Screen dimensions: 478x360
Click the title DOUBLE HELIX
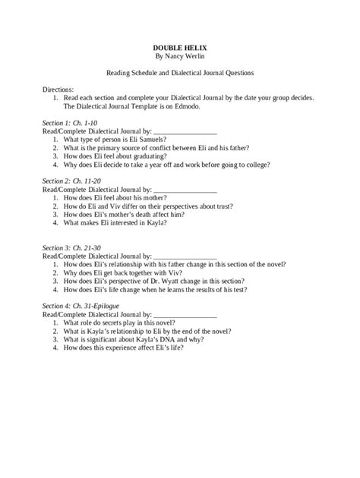point(180,47)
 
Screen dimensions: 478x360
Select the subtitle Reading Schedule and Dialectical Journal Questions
point(179,74)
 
